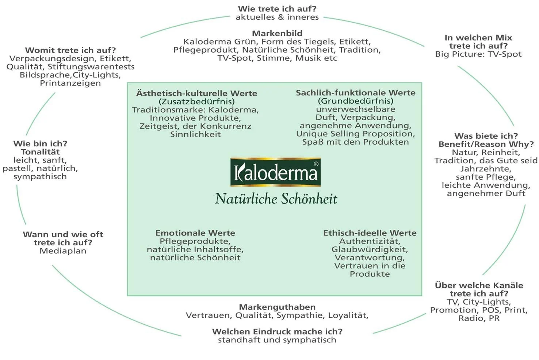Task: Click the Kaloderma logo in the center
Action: pyautogui.click(x=275, y=172)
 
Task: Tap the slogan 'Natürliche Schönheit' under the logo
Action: pyautogui.click(x=276, y=199)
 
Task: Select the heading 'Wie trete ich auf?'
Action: pyautogui.click(x=277, y=8)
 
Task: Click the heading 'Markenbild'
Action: pyautogui.click(x=277, y=33)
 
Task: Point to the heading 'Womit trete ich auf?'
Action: pyautogui.click(x=70, y=50)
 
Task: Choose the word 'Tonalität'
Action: pyautogui.click(x=40, y=152)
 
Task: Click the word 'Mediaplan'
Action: pyautogui.click(x=63, y=251)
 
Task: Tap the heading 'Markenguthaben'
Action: pyautogui.click(x=277, y=307)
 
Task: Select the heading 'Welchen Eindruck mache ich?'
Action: pyautogui.click(x=277, y=332)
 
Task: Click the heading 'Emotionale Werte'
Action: pyautogui.click(x=195, y=233)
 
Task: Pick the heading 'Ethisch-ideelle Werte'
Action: pyautogui.click(x=370, y=233)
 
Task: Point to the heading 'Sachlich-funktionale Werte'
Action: pyautogui.click(x=356, y=93)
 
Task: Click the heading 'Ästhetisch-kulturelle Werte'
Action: pyautogui.click(x=196, y=93)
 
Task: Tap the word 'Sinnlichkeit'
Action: pyautogui.click(x=195, y=134)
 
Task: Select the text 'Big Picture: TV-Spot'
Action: pyautogui.click(x=478, y=54)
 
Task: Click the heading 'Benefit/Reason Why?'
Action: pyautogui.click(x=486, y=144)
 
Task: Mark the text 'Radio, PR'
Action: pyautogui.click(x=479, y=318)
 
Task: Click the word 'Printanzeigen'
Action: pyautogui.click(x=70, y=83)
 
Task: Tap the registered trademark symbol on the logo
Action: pyautogui.click(x=316, y=164)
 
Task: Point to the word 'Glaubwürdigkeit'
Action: pyautogui.click(x=370, y=249)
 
